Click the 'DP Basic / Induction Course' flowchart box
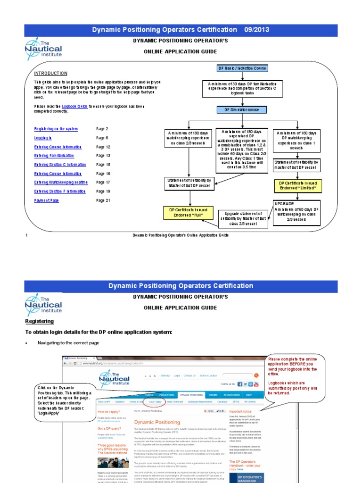(x=242, y=68)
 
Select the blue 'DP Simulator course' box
(x=242, y=110)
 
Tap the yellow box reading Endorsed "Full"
(x=188, y=213)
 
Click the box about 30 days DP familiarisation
(x=242, y=88)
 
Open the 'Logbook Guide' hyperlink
(x=75, y=107)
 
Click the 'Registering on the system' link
(x=56, y=129)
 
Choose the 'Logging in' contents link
(x=43, y=138)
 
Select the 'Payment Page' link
(x=47, y=200)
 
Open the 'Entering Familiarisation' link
(x=54, y=156)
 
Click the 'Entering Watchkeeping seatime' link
(x=61, y=183)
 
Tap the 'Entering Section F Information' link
(x=60, y=192)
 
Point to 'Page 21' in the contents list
(x=103, y=200)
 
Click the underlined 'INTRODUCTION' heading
(x=50, y=74)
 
